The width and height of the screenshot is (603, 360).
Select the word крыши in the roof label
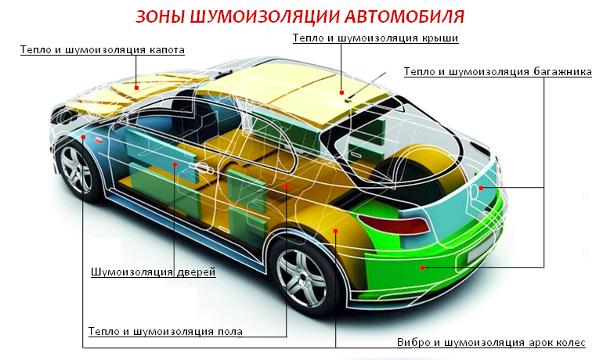[x=439, y=38]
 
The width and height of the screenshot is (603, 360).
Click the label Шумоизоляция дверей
[x=153, y=272]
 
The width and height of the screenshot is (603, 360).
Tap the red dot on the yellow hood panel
[x=136, y=88]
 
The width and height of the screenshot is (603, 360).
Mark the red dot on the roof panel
[x=342, y=92]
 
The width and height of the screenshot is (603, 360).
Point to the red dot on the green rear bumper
[x=422, y=268]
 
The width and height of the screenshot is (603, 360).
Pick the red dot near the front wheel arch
[x=83, y=137]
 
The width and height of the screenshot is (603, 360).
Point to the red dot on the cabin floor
[x=287, y=186]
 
